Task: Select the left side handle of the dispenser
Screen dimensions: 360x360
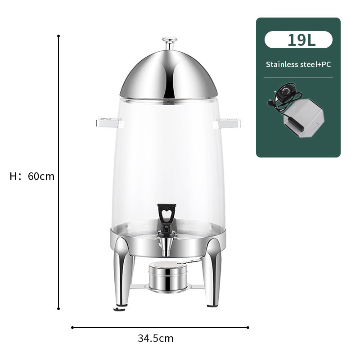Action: pos(108,121)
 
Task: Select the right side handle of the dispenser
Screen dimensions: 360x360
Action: pos(230,121)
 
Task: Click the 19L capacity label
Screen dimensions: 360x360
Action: pos(298,40)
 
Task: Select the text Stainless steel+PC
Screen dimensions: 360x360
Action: pos(298,64)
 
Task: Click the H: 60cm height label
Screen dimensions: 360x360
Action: pos(32,176)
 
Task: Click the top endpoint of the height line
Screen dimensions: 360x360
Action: pos(58,35)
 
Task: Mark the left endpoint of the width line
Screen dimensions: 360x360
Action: pos(72,328)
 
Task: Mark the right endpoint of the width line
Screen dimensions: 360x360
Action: pos(248,328)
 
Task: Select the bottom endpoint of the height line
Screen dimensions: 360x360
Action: pos(58,309)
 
